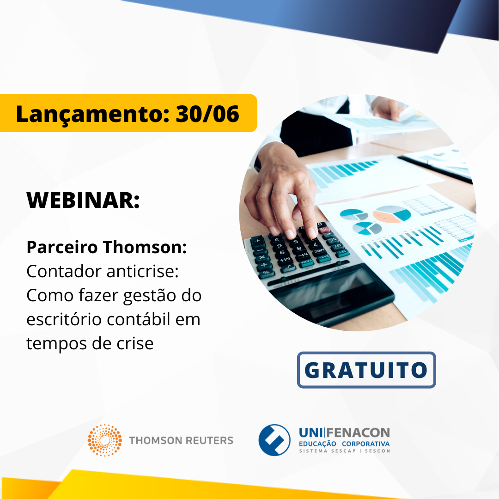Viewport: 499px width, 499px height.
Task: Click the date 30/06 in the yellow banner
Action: [x=207, y=114]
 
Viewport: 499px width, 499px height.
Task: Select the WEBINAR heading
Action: [x=83, y=200]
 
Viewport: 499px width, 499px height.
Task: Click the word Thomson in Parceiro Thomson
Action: [x=145, y=247]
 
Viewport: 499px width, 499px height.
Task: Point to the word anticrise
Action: [x=142, y=272]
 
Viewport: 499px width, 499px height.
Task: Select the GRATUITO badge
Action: [x=366, y=370]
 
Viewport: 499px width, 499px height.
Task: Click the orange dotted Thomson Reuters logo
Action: [x=105, y=440]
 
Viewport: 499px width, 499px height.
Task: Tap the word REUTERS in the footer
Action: [x=209, y=440]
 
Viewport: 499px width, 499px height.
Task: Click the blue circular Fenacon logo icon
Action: [x=274, y=440]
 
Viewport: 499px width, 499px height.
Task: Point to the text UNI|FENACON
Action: [x=344, y=433]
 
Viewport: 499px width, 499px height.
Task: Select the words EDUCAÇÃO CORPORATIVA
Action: [x=344, y=444]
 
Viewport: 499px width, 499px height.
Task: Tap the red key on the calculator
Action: [x=324, y=230]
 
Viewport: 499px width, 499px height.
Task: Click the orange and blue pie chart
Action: [x=392, y=214]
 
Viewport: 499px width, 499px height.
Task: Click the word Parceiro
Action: [x=62, y=247]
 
